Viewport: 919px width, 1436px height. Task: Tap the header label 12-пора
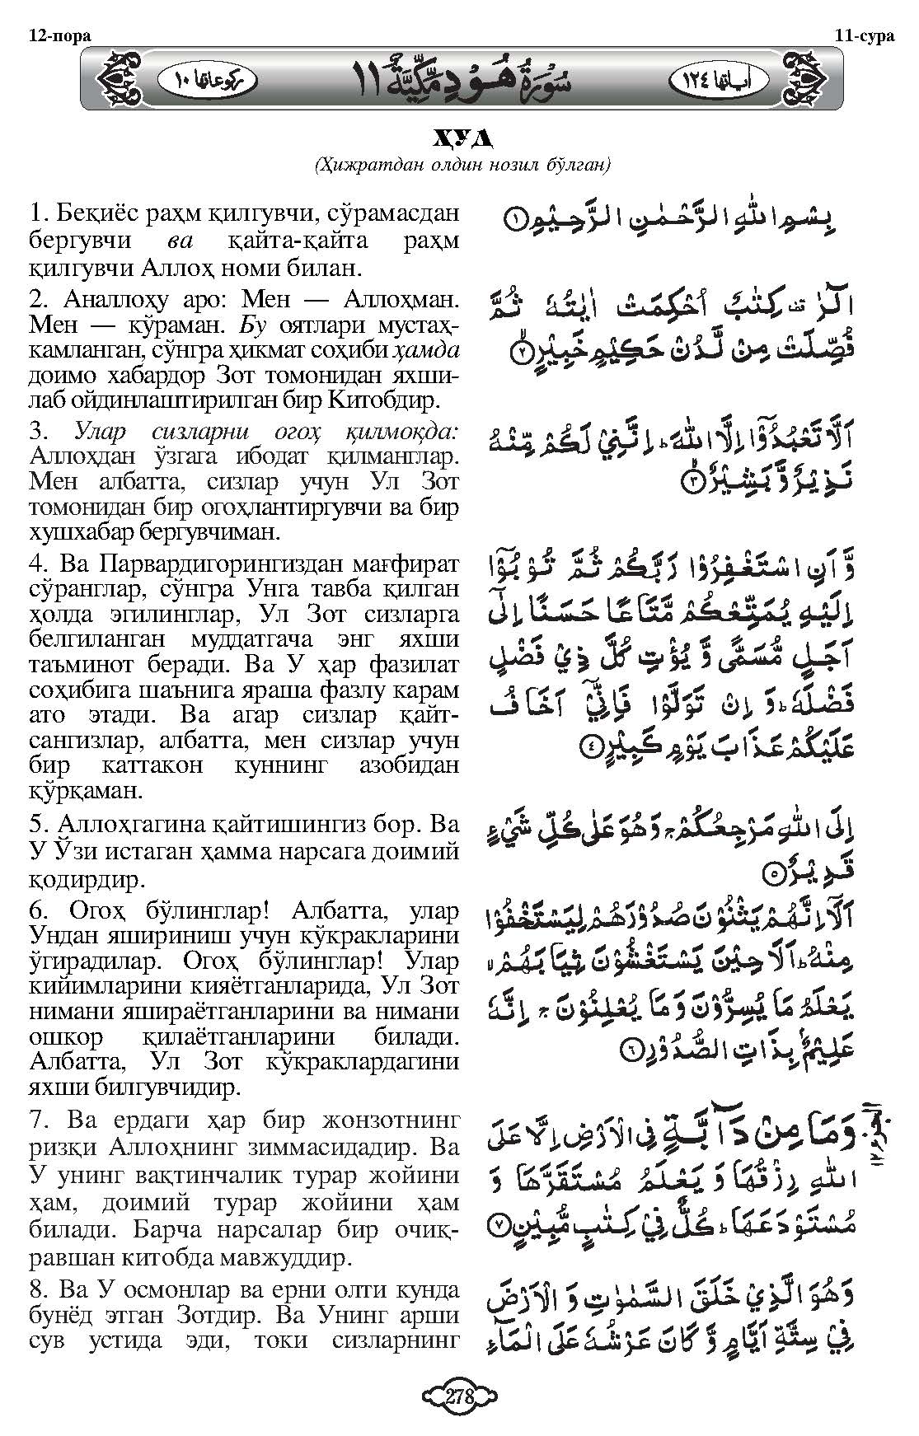pos(58,35)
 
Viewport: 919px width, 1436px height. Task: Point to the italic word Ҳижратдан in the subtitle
pos(356,166)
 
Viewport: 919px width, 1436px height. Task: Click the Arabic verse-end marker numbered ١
pos(512,220)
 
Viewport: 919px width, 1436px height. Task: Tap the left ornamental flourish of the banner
pos(121,79)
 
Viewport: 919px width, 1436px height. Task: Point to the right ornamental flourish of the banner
pos(804,79)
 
